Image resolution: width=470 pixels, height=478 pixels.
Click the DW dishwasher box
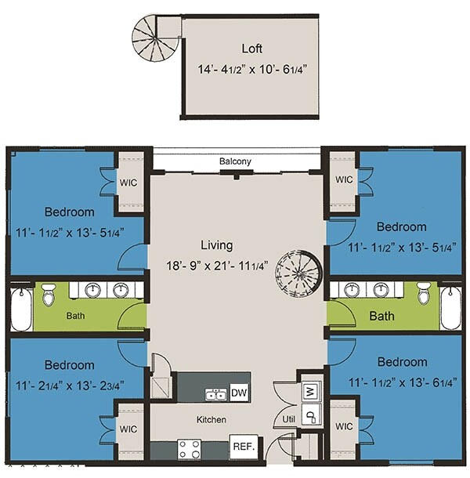239,393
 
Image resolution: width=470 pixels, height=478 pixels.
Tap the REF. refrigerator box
244,447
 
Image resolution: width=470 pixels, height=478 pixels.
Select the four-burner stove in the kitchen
190,449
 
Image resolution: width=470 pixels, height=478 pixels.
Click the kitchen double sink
215,394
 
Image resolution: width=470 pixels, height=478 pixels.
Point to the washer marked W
311,391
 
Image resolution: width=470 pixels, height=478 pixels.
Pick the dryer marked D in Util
311,415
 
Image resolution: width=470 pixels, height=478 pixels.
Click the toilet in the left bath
49,295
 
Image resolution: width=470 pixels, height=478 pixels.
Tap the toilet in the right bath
424,293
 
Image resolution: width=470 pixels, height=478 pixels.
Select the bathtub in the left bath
21,310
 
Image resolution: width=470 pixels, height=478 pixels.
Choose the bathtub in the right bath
451,308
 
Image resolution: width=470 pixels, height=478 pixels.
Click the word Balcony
235,161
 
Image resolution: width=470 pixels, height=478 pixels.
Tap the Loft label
251,49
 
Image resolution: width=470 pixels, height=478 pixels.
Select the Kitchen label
211,420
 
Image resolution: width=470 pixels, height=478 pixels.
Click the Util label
288,419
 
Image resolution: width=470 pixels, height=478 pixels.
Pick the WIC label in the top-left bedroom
128,183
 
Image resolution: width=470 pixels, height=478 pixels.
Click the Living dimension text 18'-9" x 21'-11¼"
217,266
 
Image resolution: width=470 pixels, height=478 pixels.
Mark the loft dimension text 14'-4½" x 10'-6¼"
251,69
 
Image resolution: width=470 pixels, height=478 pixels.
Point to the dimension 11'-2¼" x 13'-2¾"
70,386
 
